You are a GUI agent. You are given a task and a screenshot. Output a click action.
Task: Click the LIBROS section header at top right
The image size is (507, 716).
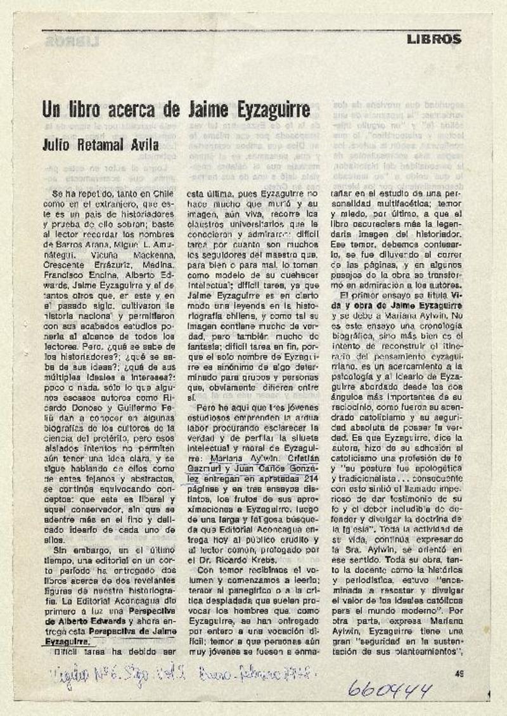click(434, 39)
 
